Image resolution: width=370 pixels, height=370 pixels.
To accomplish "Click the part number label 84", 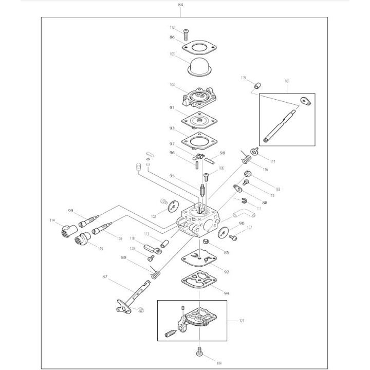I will (180, 5).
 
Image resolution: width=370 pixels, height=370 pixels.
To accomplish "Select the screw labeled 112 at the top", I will (184, 33).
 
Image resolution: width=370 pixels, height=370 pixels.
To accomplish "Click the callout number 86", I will (172, 38).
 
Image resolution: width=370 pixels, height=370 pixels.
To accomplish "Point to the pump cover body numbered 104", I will (198, 96).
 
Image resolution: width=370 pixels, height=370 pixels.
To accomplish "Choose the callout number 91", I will (172, 108).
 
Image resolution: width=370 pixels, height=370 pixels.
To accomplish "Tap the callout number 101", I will (287, 81).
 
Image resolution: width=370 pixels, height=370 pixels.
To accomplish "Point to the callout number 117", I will (272, 162).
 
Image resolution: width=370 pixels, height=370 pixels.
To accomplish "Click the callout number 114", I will (52, 220).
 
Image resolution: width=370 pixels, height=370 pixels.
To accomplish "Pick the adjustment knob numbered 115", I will (83, 239).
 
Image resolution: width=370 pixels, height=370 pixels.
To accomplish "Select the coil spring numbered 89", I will (155, 275).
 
